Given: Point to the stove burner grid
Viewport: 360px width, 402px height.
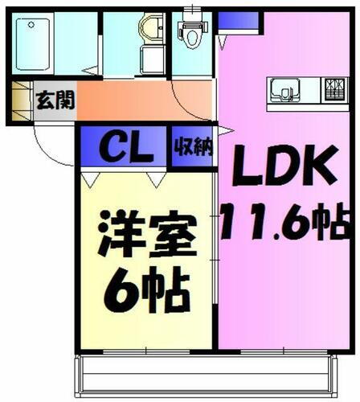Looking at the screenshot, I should click(333, 89).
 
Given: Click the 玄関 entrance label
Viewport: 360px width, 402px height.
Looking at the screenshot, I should click(55, 100).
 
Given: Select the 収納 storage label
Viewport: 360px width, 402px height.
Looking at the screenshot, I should click(193, 147).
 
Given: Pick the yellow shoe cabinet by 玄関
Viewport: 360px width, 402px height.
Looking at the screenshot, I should click(20, 102).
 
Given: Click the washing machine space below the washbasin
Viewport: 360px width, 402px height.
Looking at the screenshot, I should click(150, 60).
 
